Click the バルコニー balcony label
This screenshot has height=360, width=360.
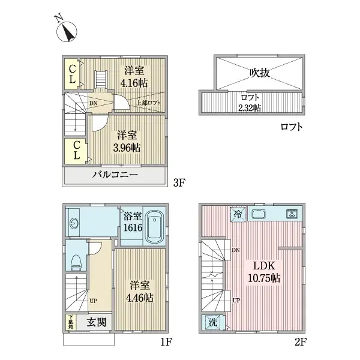click(115, 175)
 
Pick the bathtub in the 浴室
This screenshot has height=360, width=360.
click(154, 227)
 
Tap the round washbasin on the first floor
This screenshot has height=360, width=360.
click(74, 224)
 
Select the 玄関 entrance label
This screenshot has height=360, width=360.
click(97, 322)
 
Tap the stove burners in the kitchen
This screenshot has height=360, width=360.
click(293, 214)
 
